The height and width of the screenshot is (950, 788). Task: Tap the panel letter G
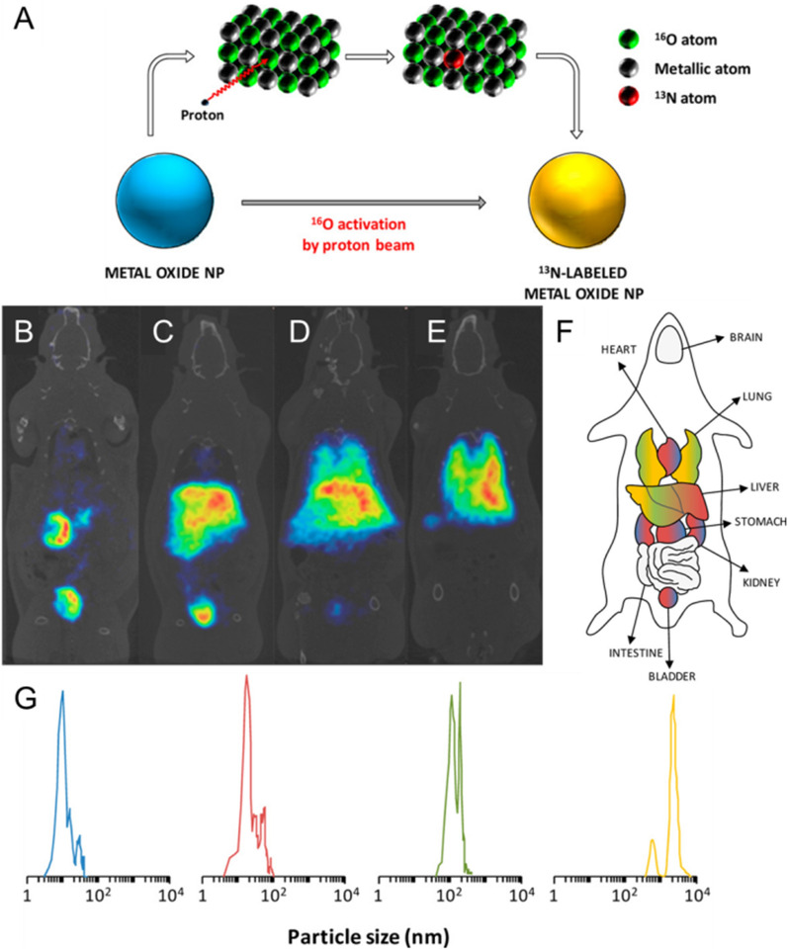[25, 699]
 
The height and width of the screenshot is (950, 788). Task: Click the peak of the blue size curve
[62, 693]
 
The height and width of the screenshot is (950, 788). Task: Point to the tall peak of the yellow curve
[673, 698]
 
